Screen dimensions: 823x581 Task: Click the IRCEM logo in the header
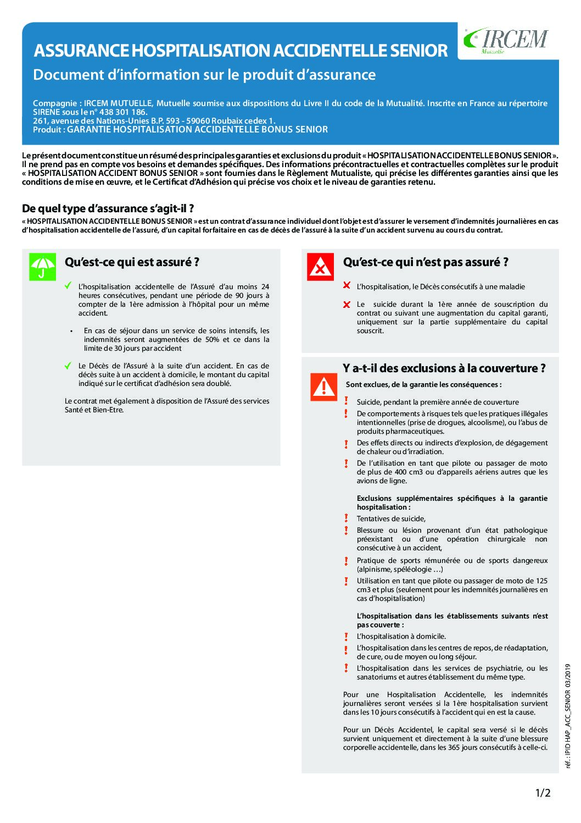click(506, 40)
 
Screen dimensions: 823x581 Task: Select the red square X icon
click(320, 267)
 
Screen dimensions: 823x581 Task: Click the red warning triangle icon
click(324, 387)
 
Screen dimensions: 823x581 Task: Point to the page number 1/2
click(543, 792)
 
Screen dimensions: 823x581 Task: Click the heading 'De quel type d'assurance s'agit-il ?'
click(108, 208)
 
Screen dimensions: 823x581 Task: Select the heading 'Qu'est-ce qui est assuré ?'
click(132, 262)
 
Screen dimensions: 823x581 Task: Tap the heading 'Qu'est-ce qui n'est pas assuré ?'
click(426, 262)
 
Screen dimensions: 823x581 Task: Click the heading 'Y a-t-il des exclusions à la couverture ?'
click(444, 368)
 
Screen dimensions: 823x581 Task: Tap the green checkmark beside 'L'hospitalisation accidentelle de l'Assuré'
click(68, 285)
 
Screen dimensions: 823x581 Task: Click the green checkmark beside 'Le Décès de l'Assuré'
click(68, 365)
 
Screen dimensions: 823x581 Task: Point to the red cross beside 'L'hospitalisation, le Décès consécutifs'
click(347, 285)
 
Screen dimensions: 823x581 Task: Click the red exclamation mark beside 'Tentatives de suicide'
click(346, 518)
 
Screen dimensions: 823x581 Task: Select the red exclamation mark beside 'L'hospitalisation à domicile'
click(346, 636)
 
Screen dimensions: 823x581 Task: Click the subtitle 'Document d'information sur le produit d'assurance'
click(204, 75)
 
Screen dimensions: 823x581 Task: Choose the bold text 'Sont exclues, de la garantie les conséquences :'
click(423, 384)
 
